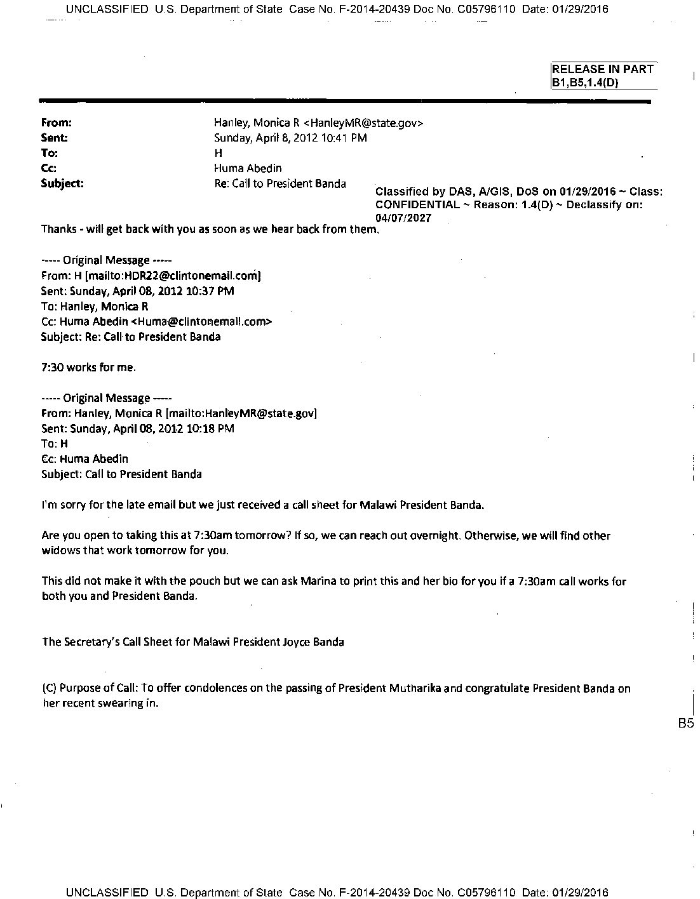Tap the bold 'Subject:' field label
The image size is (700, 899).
coord(62,184)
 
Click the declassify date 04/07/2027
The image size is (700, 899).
coord(403,218)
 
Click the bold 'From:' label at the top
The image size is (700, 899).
coord(57,123)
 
